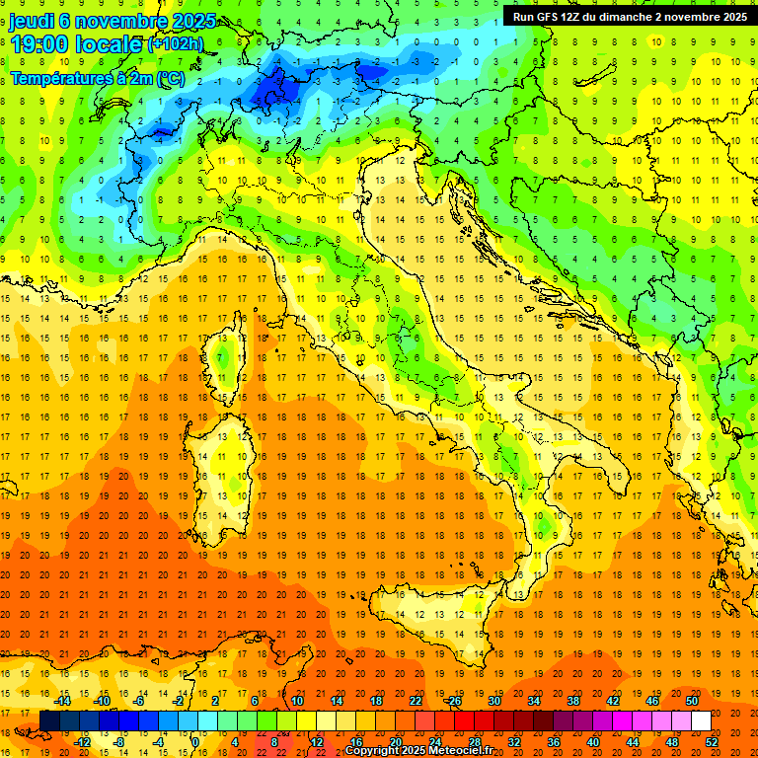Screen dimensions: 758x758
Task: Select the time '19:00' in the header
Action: point(38,42)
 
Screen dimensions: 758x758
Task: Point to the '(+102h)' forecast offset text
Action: point(175,44)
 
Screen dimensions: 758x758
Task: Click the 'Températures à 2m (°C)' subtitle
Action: point(97,78)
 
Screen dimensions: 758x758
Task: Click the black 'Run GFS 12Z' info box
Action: point(629,16)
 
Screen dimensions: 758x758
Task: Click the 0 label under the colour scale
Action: point(195,742)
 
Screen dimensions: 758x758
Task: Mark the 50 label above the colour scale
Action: point(692,701)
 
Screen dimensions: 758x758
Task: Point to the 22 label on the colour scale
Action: point(416,701)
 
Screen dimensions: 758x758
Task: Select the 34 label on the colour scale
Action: point(534,701)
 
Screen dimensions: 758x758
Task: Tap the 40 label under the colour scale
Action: point(593,742)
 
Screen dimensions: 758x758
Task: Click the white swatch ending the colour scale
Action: point(701,721)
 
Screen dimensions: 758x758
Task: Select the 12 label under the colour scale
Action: point(317,742)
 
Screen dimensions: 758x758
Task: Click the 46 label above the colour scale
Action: point(652,701)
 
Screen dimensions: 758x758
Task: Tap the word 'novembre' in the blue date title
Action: point(109,21)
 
